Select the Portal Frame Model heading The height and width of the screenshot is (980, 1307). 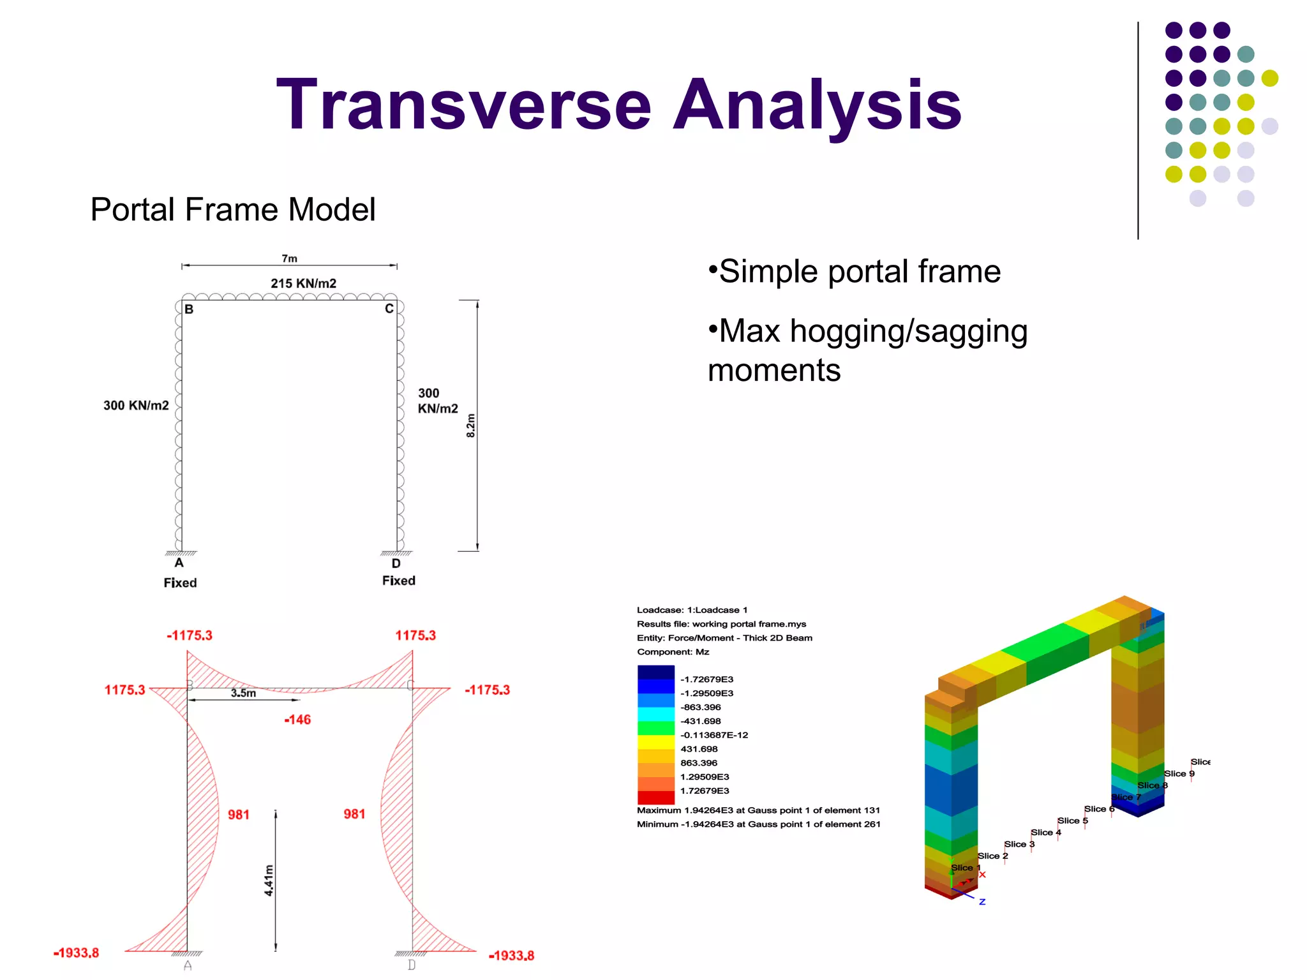coord(233,210)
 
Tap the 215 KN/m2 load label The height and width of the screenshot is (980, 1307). coord(303,283)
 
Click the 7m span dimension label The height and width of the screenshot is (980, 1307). coord(289,258)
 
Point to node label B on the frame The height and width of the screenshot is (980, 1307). coord(189,309)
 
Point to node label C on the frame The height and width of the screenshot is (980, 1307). coord(389,309)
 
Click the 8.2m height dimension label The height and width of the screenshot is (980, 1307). coord(471,426)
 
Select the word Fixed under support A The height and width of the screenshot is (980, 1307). coord(180,583)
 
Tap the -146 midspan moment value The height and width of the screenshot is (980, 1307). coord(297,720)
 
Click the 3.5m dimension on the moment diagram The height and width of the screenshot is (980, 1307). coord(243,693)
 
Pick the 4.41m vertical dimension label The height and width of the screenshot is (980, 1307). coord(269,880)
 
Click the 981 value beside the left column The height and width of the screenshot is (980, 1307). coord(239,815)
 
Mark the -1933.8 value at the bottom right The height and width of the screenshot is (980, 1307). coord(511,956)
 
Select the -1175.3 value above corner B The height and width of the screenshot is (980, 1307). coord(190,635)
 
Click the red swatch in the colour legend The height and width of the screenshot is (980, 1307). coord(655,798)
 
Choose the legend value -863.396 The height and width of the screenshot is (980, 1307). coord(700,707)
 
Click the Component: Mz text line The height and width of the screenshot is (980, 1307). coord(673,652)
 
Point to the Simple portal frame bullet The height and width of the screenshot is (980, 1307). coord(855,272)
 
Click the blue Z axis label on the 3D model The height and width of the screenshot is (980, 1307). coord(982,902)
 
